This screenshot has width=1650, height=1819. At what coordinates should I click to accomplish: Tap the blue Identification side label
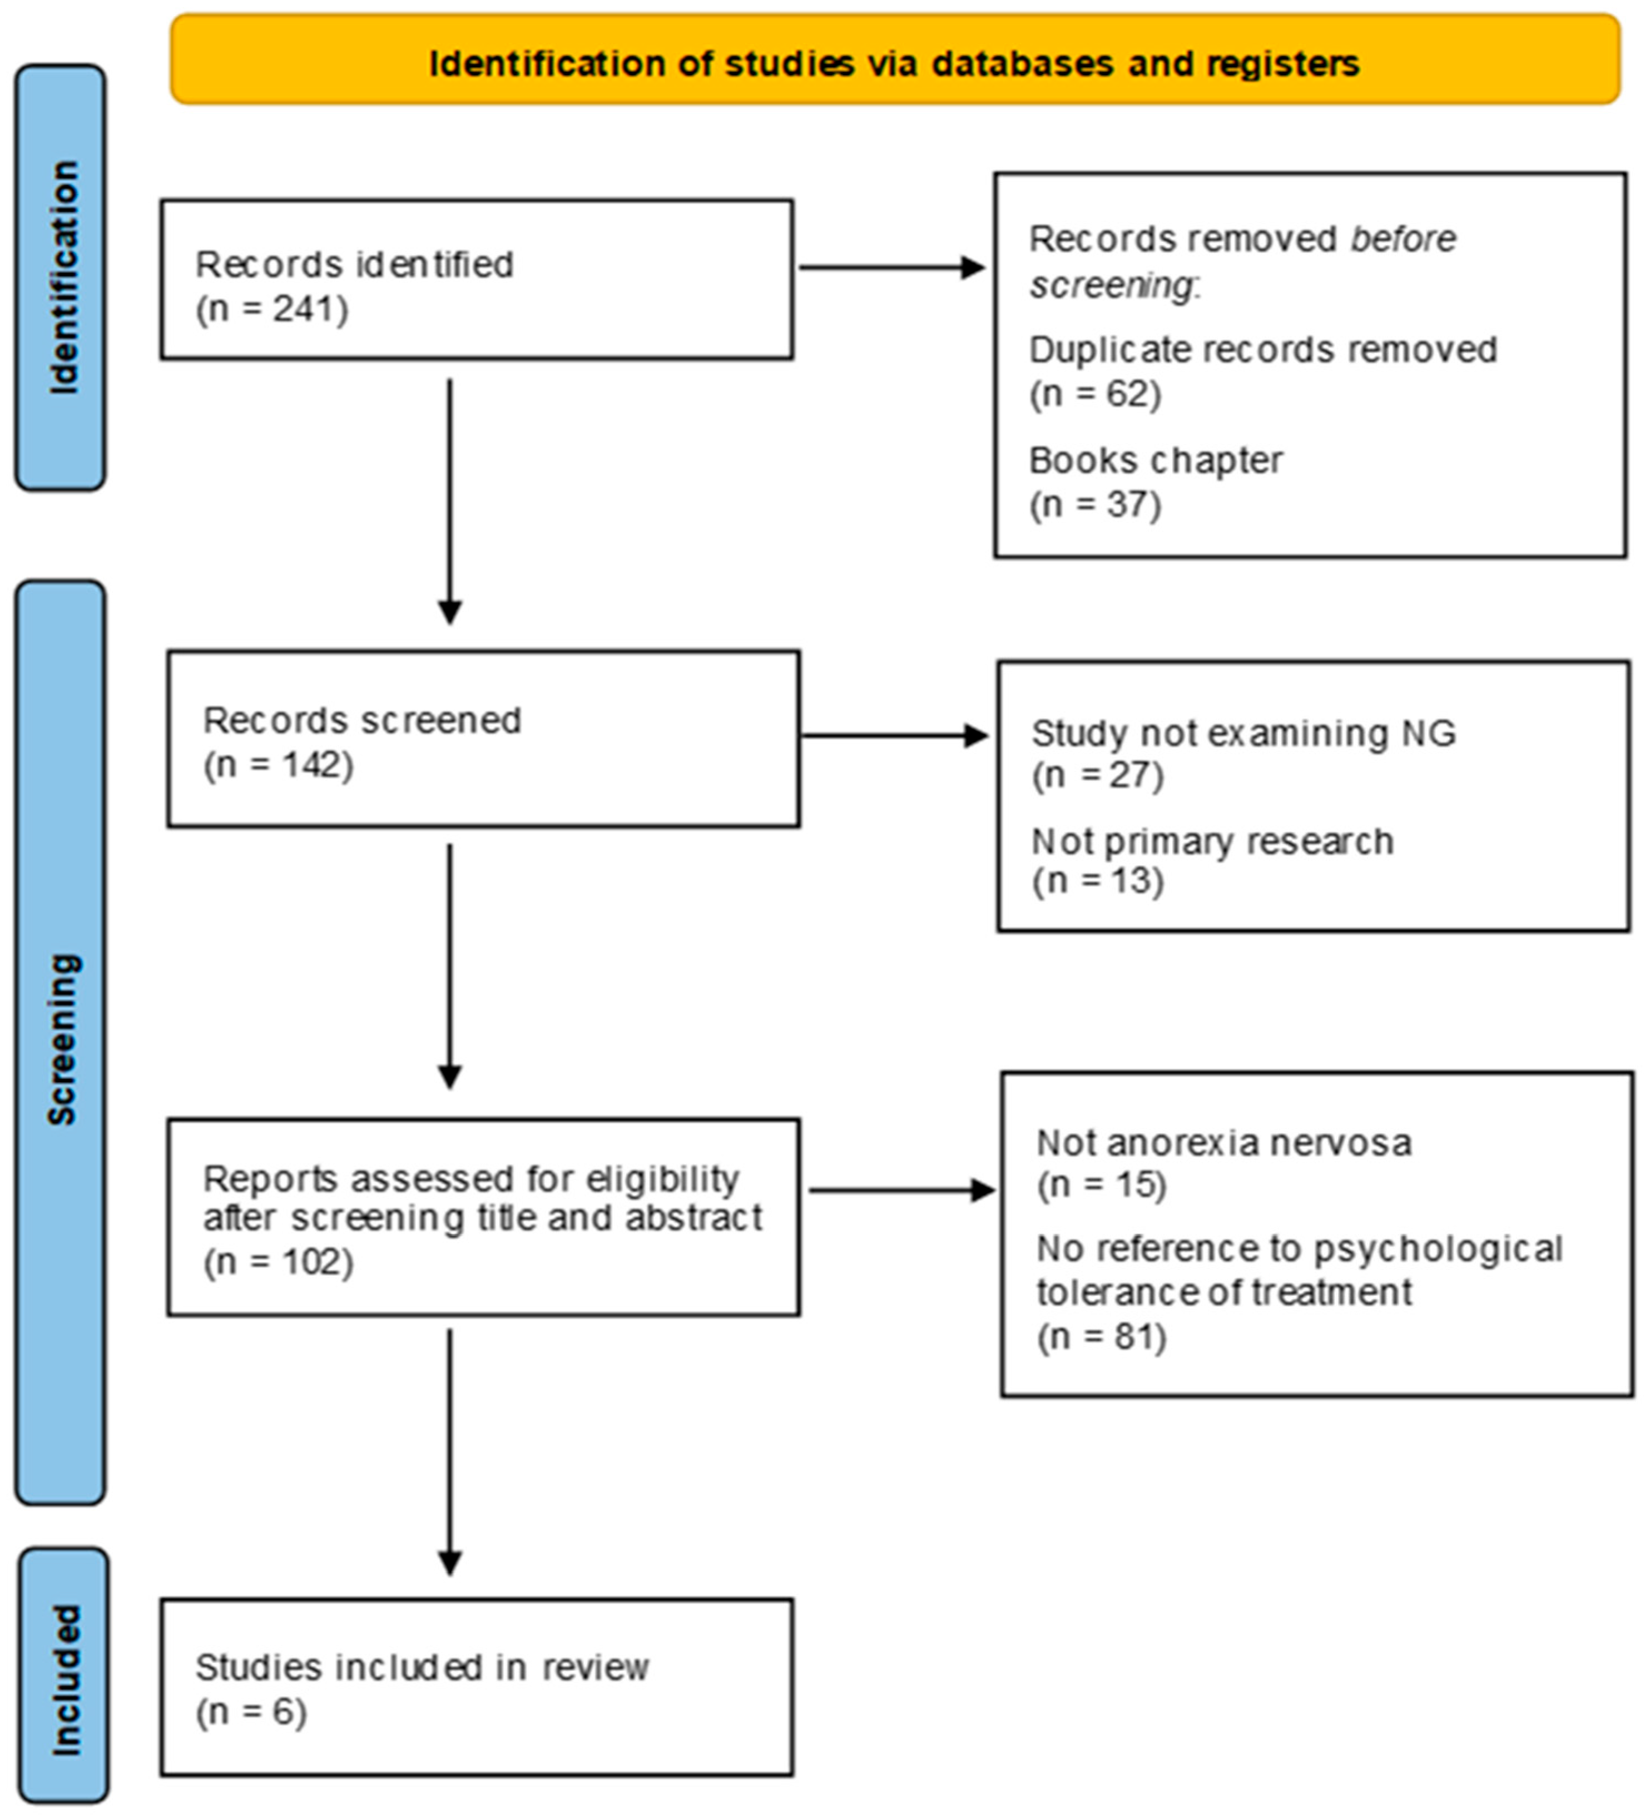coord(61,278)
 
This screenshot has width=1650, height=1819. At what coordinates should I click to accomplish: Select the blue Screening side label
coord(61,1039)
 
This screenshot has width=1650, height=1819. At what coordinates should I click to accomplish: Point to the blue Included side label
coord(63,1680)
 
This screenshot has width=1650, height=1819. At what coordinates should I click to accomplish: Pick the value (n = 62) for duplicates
coord(1094,394)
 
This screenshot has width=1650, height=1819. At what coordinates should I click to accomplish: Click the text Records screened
coord(362,720)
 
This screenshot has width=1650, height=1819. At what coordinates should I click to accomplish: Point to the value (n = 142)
coord(278,764)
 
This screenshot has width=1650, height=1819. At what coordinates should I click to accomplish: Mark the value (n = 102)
coord(278,1261)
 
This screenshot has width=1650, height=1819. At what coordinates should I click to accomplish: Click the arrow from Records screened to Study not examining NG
coord(894,735)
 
